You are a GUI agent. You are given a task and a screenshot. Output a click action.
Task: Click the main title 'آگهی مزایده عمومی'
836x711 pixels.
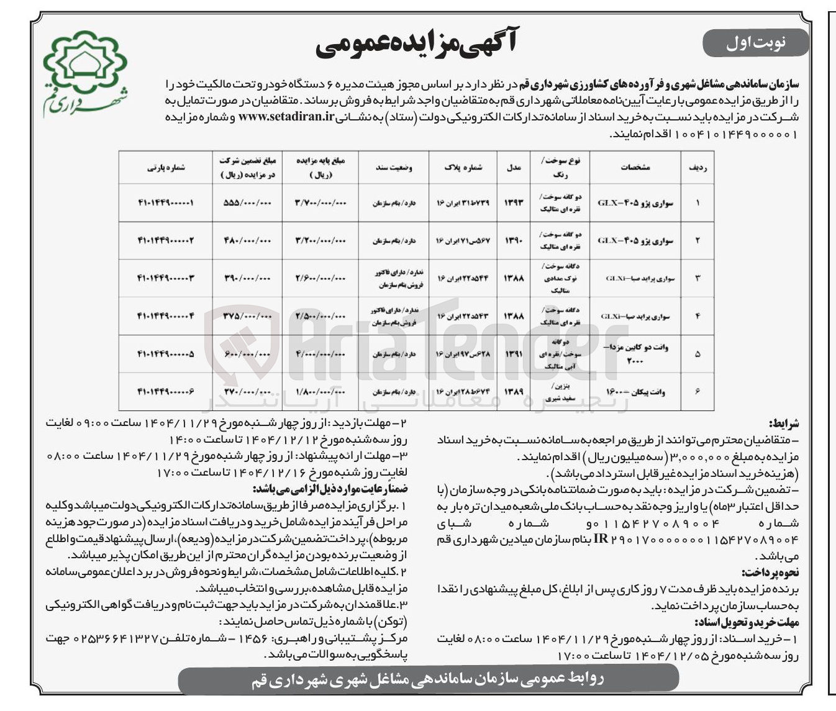(x=416, y=43)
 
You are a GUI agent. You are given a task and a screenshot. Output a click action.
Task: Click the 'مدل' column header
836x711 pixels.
(x=514, y=167)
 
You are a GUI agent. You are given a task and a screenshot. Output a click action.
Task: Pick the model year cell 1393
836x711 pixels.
(x=514, y=203)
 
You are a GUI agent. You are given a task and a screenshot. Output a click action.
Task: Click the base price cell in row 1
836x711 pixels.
(x=320, y=203)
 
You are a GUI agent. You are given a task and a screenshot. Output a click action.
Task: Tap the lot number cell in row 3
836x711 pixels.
(x=165, y=278)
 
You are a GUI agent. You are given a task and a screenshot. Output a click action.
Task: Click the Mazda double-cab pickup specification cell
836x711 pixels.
(x=635, y=354)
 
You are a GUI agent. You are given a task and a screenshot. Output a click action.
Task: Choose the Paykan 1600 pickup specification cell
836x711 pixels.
(x=635, y=392)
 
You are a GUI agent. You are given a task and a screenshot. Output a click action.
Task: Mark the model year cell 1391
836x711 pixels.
(x=514, y=354)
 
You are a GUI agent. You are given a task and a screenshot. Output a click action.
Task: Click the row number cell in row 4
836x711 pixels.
(x=697, y=316)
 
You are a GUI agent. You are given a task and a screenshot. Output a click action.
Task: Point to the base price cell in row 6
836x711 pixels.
(x=320, y=392)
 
